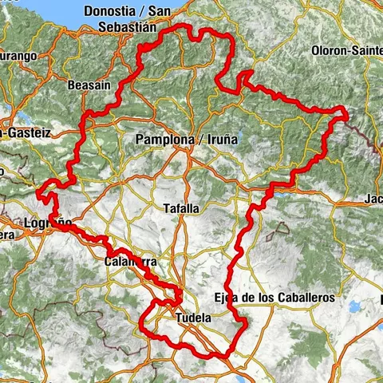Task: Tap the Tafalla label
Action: tap(181, 207)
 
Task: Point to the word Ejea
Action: tap(227, 298)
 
